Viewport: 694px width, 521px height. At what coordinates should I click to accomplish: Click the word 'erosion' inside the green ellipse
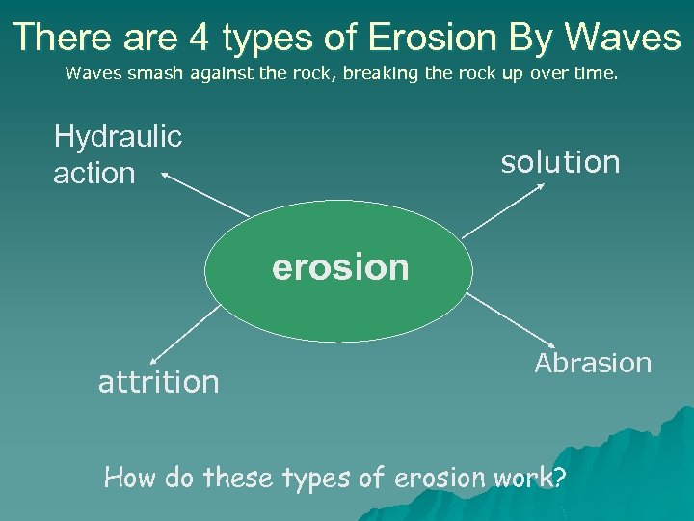tap(340, 267)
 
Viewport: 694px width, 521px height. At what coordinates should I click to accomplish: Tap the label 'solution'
tap(560, 162)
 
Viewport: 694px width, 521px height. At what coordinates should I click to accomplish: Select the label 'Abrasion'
tap(593, 363)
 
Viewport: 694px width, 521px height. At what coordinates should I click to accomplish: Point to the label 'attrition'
tap(159, 383)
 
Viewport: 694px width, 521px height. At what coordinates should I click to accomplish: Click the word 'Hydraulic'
tap(118, 137)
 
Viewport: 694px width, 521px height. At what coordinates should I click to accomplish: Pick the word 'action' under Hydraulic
tap(93, 174)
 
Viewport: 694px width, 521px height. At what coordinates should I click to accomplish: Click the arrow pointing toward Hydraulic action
tap(204, 194)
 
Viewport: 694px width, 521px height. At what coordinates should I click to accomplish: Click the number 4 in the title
tap(200, 38)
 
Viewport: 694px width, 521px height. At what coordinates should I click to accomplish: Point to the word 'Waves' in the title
tap(623, 38)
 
